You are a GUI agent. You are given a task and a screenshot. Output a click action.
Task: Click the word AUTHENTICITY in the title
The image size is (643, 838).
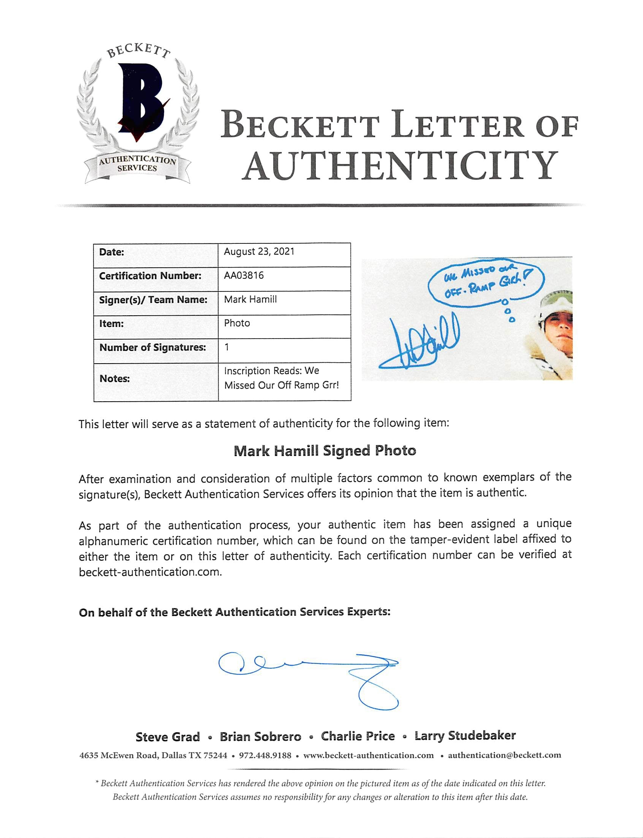[x=400, y=165]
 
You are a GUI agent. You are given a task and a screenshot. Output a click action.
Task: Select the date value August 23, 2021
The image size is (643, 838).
[x=259, y=252]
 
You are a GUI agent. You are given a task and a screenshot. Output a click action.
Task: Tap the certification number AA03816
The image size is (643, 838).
[x=244, y=275]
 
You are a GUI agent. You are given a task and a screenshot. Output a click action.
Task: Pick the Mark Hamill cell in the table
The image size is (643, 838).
[x=250, y=299]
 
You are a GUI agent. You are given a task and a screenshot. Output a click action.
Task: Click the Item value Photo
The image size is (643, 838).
[x=237, y=323]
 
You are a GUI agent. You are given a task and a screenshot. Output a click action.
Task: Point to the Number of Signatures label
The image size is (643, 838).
[x=152, y=347]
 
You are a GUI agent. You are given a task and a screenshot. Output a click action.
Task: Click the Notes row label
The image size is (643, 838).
[x=114, y=379]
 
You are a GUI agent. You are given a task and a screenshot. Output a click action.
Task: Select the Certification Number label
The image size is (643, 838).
[x=150, y=276]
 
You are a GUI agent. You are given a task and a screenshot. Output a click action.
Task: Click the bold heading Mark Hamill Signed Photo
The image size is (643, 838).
[x=325, y=451]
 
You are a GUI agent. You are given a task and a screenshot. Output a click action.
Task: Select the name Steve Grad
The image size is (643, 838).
[x=168, y=737]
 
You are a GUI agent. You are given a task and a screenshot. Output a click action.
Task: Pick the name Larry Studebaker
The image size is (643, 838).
[x=465, y=736]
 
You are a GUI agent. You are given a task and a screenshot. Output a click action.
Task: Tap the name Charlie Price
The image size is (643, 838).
[x=358, y=736]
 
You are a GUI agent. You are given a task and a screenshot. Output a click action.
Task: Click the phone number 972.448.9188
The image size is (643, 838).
[x=265, y=756]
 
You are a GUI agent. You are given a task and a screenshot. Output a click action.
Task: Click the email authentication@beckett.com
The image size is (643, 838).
[x=504, y=755]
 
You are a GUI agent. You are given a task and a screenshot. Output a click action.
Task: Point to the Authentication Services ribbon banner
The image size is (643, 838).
[x=137, y=164]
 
